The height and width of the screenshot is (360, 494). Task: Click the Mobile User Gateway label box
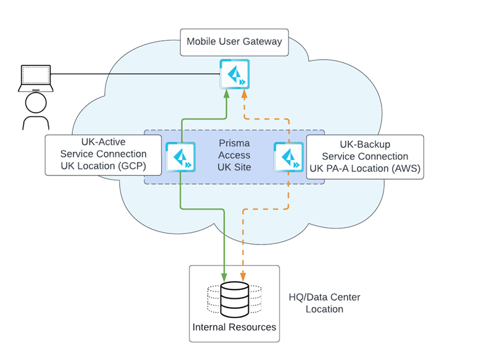pos(234,42)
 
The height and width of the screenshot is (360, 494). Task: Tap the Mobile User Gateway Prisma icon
pos(235,74)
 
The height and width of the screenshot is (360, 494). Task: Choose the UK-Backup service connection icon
pos(288,156)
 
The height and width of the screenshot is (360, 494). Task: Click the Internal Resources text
pos(234,327)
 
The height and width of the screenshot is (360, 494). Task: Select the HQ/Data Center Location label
pos(324,303)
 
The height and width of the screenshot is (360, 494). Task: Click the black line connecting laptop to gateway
pos(136,75)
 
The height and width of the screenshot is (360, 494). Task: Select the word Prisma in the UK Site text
pos(235,143)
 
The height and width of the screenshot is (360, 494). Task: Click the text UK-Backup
pos(365,145)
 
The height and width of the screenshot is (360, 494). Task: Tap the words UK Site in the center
pos(235,167)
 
